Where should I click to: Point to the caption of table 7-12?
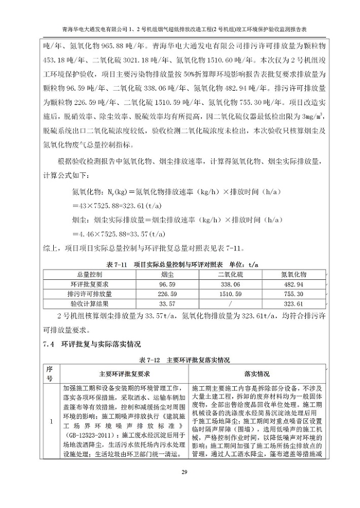[x=184, y=360]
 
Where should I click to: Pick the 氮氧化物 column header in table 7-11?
[x=294, y=274]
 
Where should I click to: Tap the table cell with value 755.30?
[x=294, y=294]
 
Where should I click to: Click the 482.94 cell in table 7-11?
[x=294, y=284]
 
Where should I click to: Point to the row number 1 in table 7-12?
[x=49, y=421]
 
